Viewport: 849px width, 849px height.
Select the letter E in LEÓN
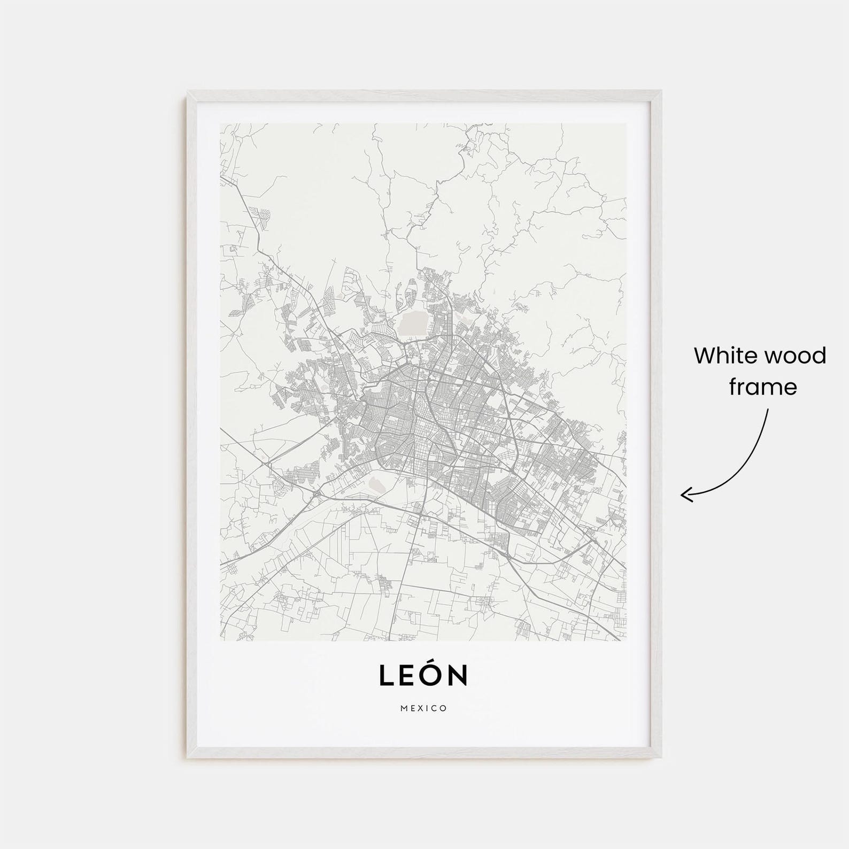coord(407,675)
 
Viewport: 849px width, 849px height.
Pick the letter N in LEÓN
coord(458,675)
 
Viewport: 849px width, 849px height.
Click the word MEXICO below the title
coord(423,708)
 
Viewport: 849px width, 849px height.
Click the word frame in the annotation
coord(763,387)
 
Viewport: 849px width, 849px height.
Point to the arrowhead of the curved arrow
coord(683,495)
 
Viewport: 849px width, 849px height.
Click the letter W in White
coord(705,356)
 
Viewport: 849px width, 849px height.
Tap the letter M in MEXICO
coord(404,708)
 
